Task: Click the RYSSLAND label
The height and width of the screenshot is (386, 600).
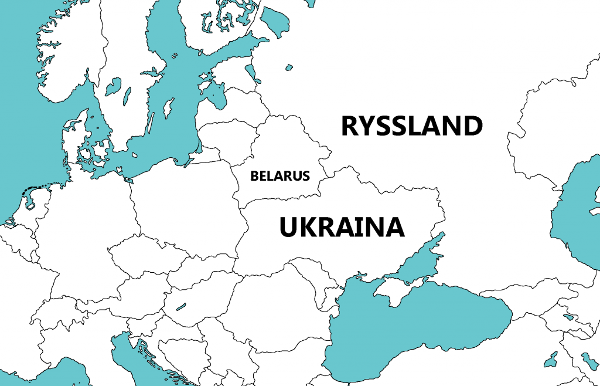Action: click(x=412, y=126)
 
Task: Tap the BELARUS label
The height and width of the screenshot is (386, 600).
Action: click(x=280, y=176)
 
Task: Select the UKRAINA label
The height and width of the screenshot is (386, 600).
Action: click(x=342, y=227)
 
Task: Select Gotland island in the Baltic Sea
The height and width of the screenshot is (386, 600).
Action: click(x=168, y=107)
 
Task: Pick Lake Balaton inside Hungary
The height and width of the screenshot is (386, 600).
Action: click(x=180, y=306)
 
